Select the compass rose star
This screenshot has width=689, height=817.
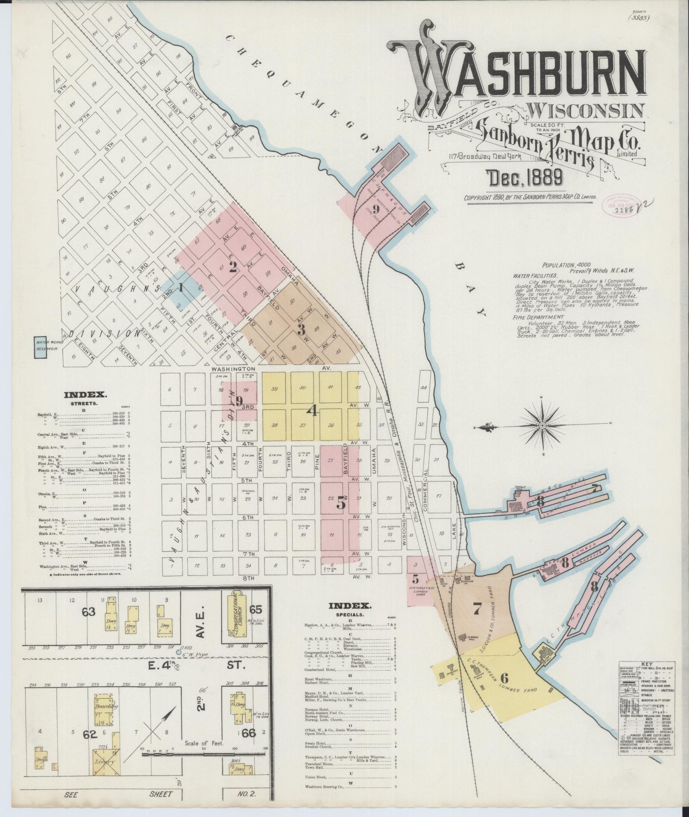542,425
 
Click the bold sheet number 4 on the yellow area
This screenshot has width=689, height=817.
313,411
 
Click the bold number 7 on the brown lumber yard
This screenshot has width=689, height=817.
477,610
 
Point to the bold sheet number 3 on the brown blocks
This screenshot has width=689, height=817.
302,329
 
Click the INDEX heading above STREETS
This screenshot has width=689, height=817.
85,395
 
